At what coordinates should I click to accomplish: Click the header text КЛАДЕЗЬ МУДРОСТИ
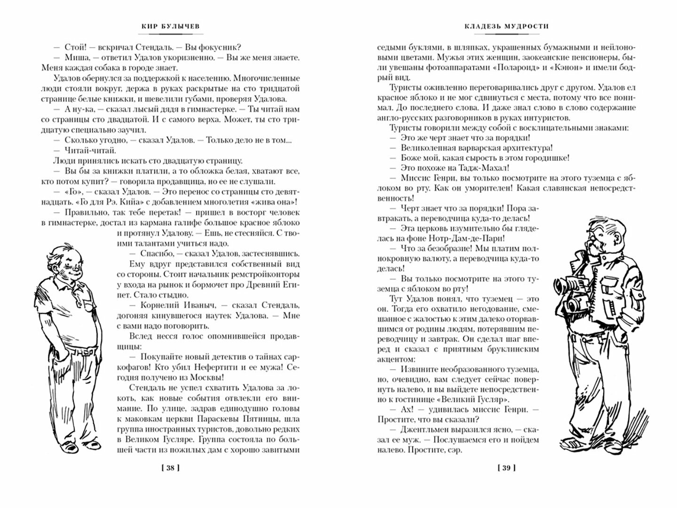coord(506,27)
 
